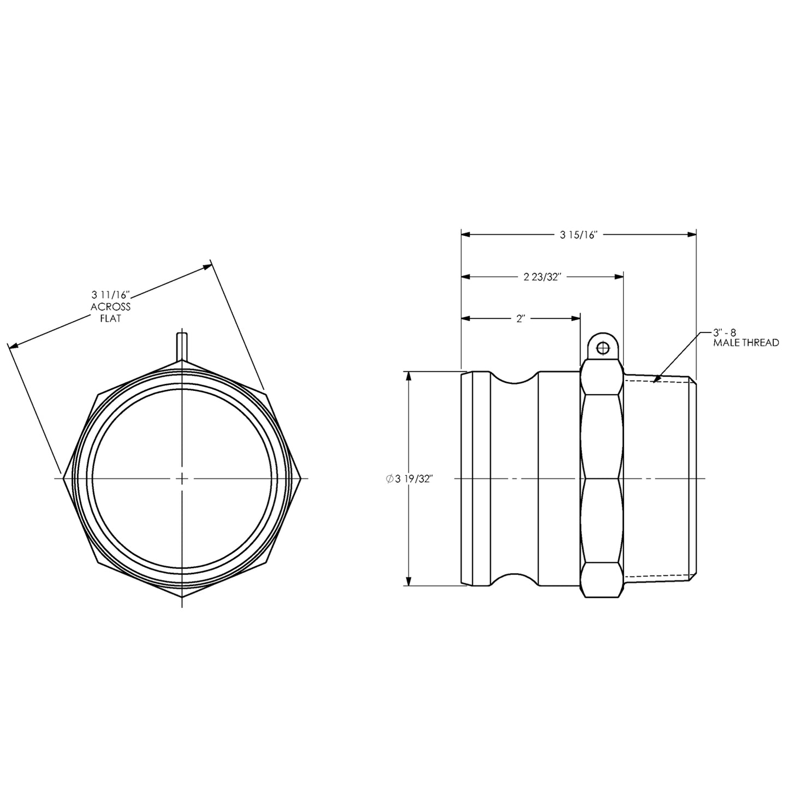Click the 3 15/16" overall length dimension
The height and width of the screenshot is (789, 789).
[579, 235]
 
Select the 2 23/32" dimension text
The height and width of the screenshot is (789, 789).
[543, 277]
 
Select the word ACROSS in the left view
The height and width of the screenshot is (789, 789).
[110, 307]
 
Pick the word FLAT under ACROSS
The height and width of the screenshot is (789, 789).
[110, 318]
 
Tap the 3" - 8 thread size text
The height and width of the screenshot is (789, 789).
[725, 332]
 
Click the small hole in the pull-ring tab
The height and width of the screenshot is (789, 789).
[602, 348]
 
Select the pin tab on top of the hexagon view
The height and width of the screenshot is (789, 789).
[182, 345]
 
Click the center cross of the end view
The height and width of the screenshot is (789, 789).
[182, 479]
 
